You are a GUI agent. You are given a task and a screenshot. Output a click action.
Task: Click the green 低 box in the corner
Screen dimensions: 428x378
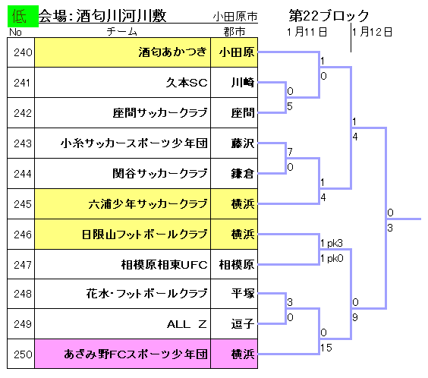point(23,16)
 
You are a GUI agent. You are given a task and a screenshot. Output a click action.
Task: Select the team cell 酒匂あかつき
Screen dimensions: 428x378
point(123,52)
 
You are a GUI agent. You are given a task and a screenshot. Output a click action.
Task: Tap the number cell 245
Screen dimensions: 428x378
point(21,203)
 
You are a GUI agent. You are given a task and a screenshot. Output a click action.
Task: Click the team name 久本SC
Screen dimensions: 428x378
point(187,83)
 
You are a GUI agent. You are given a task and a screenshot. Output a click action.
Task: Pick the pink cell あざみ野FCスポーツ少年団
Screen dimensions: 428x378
point(123,354)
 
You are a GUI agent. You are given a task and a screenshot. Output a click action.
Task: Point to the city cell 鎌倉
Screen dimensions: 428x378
point(234,173)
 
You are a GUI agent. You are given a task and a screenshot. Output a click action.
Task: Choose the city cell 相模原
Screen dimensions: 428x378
point(234,264)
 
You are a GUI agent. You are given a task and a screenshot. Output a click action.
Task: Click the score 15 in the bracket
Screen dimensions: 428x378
point(326,348)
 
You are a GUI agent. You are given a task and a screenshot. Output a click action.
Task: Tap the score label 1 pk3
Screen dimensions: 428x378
point(332,243)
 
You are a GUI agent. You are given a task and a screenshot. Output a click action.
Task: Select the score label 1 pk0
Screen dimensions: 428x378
point(332,258)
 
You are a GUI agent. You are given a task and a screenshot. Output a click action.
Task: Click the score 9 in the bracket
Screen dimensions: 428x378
point(355,317)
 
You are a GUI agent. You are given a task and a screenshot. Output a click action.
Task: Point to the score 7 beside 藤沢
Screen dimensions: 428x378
point(290,152)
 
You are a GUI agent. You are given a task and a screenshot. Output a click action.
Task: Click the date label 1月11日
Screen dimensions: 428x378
point(307,32)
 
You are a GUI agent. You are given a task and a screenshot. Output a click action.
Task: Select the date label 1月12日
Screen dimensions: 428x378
point(372,32)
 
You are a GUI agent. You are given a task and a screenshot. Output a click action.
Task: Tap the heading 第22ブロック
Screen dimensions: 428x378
point(329,15)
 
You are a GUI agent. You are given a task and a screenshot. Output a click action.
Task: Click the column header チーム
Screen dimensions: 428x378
point(121,32)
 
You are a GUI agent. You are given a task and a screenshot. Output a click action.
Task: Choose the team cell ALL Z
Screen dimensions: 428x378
point(123,324)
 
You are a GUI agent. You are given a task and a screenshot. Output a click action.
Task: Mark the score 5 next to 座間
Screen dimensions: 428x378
point(290,106)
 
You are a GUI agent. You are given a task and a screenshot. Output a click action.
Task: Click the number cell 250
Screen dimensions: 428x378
point(21,354)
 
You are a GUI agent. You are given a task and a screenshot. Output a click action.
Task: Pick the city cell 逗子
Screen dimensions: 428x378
point(234,324)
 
